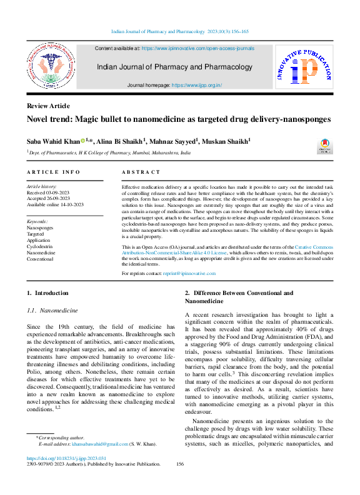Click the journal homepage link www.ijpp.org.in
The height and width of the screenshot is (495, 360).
[x=197, y=84]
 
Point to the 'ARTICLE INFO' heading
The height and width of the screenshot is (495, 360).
[x=53, y=171]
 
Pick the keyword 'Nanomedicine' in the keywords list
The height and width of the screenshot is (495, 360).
[x=41, y=252]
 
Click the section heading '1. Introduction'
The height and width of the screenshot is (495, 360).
[x=47, y=292]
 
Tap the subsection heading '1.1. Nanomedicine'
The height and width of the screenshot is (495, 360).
[x=52, y=310]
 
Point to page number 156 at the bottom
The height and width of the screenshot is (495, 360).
[x=180, y=464]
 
